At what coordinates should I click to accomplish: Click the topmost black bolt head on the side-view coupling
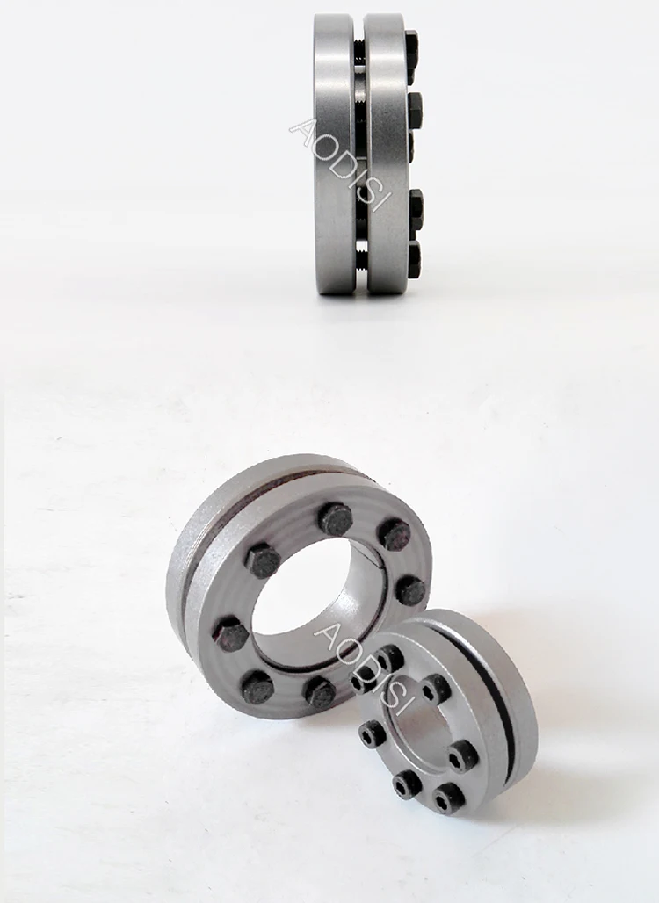tap(411, 43)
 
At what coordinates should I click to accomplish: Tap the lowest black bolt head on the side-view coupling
tap(413, 256)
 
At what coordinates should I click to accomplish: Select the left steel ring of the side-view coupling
tap(335, 154)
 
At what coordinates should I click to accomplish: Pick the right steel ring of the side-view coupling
tap(387, 154)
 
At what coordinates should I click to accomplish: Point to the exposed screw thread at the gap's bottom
tap(361, 258)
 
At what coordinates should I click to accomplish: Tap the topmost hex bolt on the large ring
tap(336, 519)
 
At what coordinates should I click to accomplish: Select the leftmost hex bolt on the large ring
tap(231, 633)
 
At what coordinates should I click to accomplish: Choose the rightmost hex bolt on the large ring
tap(409, 590)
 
